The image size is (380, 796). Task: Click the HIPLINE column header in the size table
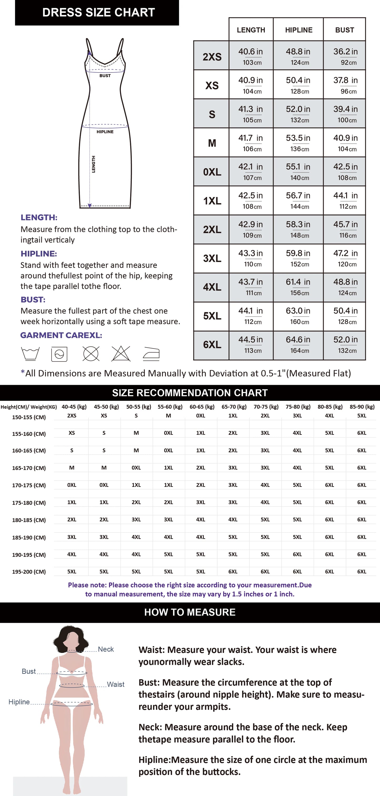[299, 30]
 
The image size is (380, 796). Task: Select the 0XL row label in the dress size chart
[212, 172]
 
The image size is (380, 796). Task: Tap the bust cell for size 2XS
[345, 56]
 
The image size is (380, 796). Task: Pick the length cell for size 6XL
[251, 344]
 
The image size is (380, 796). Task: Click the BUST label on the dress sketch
[105, 76]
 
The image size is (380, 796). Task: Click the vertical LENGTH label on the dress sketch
[93, 164]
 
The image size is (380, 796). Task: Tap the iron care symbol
[151, 354]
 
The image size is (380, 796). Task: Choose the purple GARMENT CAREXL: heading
[61, 335]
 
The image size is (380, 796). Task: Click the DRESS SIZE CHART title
[98, 12]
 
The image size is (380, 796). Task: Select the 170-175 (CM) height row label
[29, 485]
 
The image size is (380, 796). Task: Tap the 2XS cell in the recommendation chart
[72, 416]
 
